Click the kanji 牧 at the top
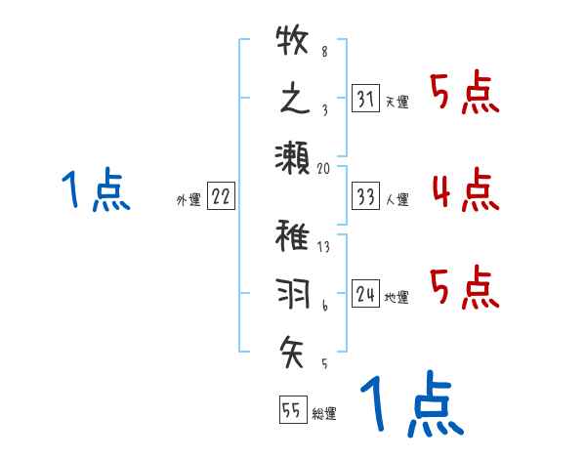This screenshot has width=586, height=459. pyautogui.click(x=292, y=43)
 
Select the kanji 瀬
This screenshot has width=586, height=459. pyautogui.click(x=292, y=156)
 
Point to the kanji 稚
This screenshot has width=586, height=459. pyautogui.click(x=292, y=236)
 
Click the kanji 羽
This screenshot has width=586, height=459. pyautogui.click(x=292, y=292)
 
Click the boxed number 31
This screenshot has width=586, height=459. pyautogui.click(x=365, y=98)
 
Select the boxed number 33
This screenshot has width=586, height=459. pyautogui.click(x=365, y=196)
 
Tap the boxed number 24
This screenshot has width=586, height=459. pyautogui.click(x=365, y=292)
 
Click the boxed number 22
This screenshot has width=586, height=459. pyautogui.click(x=221, y=196)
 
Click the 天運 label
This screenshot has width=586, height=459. pyautogui.click(x=397, y=102)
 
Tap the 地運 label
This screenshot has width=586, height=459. pyautogui.click(x=397, y=296)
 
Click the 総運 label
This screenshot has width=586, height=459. pyautogui.click(x=323, y=414)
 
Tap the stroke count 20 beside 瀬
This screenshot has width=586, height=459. pyautogui.click(x=324, y=168)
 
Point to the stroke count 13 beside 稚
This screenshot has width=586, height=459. pyautogui.click(x=323, y=247)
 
